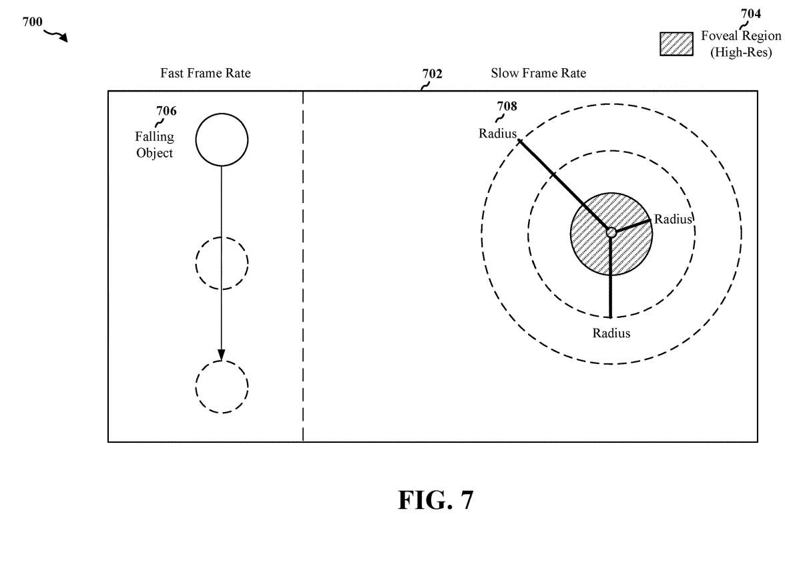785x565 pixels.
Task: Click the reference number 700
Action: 33,21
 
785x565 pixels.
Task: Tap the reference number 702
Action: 432,73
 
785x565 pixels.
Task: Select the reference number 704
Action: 751,13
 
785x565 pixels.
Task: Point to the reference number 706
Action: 166,111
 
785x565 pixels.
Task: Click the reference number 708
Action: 507,106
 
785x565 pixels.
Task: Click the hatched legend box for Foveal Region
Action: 676,44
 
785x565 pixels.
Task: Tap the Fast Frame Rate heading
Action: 206,73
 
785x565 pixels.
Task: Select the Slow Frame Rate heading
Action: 538,73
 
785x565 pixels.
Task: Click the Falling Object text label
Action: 155,145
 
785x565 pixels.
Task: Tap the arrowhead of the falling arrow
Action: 222,355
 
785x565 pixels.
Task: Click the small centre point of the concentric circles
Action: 611,232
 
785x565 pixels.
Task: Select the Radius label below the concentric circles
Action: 611,333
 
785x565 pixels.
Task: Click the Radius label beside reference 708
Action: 498,134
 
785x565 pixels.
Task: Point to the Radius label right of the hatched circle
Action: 673,219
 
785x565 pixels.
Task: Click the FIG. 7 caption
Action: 435,500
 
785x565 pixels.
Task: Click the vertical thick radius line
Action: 610,276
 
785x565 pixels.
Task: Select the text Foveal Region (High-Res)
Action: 741,43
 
